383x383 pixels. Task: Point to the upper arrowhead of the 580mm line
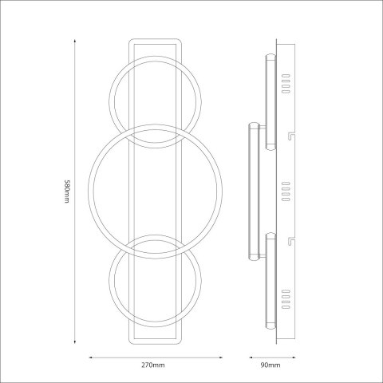pyautogui.click(x=76, y=38)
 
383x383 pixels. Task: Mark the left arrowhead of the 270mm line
pyautogui.click(x=88, y=356)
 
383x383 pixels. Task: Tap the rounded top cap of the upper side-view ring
pyautogui.click(x=270, y=56)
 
